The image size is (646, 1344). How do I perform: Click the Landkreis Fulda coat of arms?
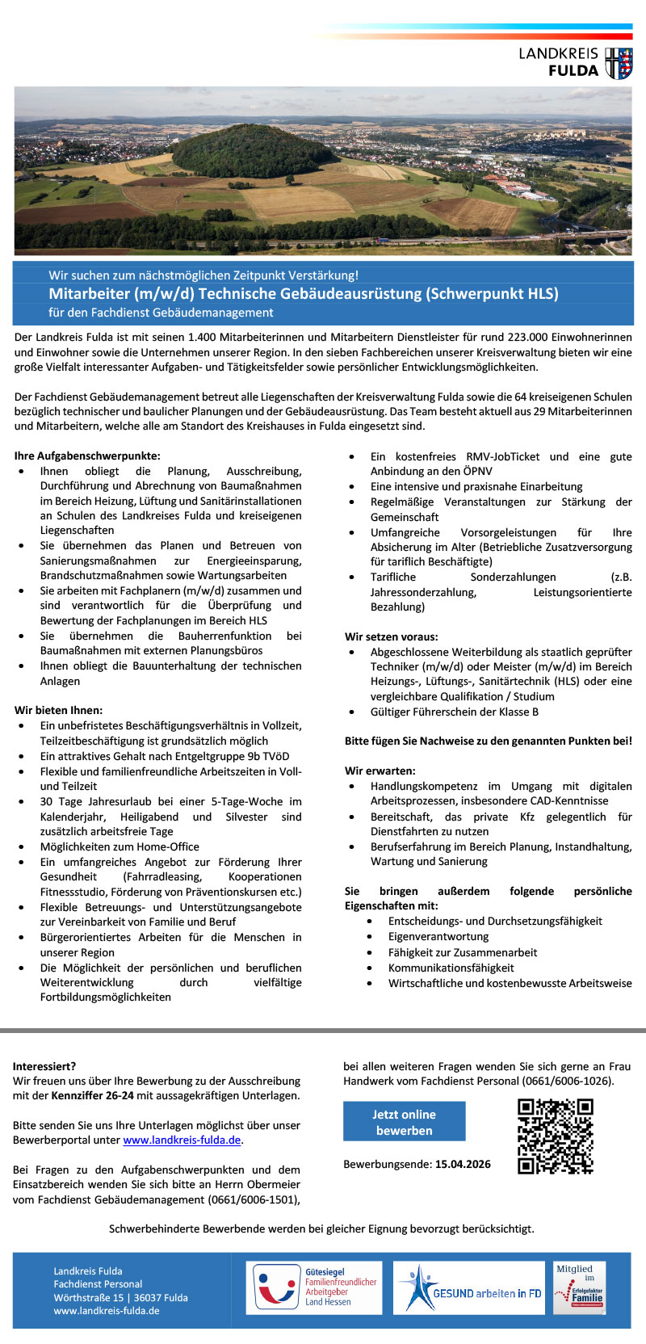[619, 64]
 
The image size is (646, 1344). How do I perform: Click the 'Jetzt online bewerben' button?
[404, 1122]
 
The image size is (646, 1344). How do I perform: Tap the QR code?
[555, 1136]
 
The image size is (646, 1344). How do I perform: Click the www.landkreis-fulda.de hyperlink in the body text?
[182, 1140]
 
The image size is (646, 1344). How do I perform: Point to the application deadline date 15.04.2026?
[463, 1164]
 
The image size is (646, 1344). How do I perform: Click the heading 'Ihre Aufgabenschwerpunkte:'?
[87, 456]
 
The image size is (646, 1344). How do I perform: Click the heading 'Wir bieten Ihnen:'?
[58, 710]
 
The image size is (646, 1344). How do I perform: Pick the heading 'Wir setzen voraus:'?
[391, 636]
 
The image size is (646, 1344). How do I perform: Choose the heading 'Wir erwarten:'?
[380, 771]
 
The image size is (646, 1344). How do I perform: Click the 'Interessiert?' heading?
[44, 1066]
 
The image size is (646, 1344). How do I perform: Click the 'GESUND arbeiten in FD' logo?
[469, 1287]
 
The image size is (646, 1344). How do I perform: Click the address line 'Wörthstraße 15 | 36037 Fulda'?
[120, 1297]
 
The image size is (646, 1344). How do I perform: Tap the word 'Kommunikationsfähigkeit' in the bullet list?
[451, 968]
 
